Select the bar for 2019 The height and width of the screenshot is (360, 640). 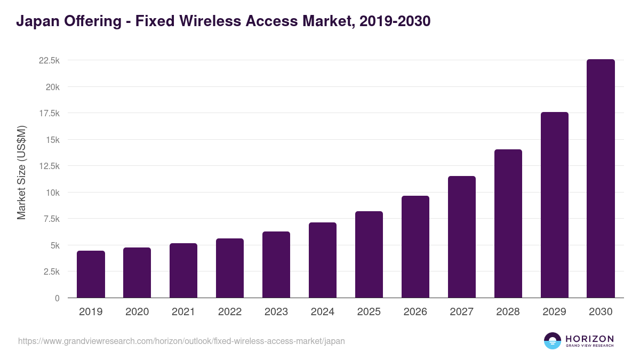coord(91,274)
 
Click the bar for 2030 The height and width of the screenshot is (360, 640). coord(601,179)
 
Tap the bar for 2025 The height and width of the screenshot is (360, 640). coord(369,254)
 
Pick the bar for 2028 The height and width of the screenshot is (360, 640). coord(508,223)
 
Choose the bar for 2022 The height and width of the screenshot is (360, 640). coord(230,268)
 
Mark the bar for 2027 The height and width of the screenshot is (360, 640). coord(462,237)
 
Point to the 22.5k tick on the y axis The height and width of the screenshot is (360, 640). coord(49,61)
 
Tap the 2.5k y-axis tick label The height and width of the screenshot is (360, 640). coord(51,271)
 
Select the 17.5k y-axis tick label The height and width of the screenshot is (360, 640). coord(49,114)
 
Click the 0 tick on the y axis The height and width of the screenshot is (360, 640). coord(57,298)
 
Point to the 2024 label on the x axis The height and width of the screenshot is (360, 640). coord(323,312)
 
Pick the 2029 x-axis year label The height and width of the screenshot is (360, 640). coord(555,312)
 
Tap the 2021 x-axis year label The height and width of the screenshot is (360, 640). coord(183,312)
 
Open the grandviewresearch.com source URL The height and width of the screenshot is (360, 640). coord(181,341)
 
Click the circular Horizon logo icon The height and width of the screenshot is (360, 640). coord(553,341)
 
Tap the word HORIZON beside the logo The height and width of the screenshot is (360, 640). coord(589,338)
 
